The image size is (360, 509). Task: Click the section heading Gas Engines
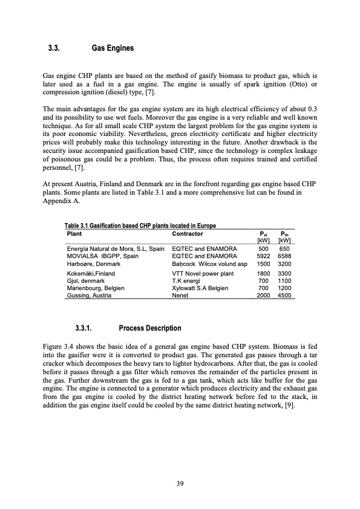click(x=112, y=47)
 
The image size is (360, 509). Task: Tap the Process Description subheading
click(x=150, y=328)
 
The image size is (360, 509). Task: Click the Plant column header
click(x=74, y=232)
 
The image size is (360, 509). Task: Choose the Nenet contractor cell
click(x=181, y=297)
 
